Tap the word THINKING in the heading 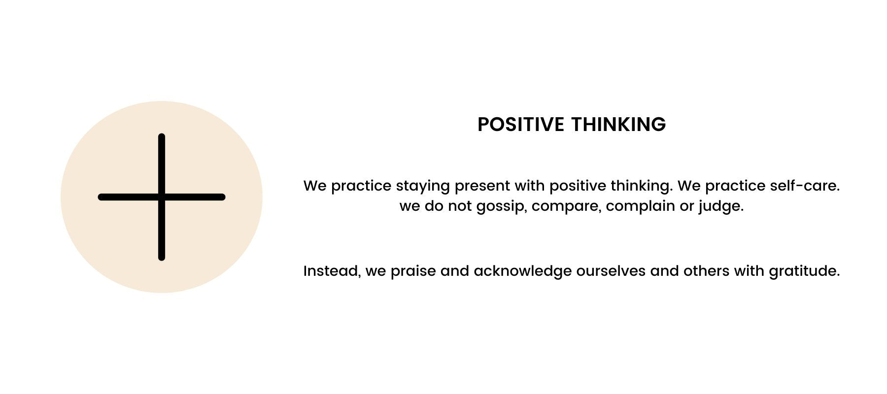pos(618,124)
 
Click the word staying pos(423,187)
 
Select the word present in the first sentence pos(482,186)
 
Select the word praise pos(413,272)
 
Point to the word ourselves pos(611,271)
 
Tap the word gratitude pos(804,272)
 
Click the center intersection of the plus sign pos(162,197)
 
